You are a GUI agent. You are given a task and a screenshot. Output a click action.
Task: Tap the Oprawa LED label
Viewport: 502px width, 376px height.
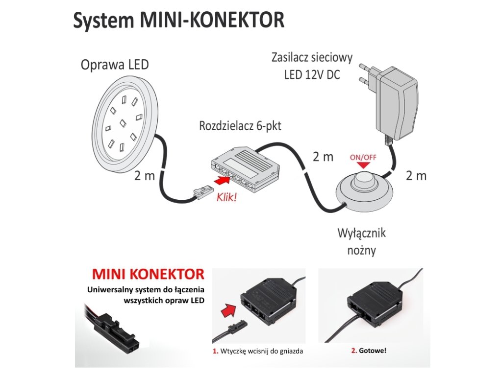pyautogui.click(x=115, y=65)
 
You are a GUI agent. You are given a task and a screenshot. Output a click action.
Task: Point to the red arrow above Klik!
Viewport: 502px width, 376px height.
pyautogui.click(x=222, y=183)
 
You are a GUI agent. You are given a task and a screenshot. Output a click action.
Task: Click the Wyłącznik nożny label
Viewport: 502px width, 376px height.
pyautogui.click(x=361, y=241)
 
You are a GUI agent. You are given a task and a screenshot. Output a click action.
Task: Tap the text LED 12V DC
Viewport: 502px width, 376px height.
pyautogui.click(x=312, y=75)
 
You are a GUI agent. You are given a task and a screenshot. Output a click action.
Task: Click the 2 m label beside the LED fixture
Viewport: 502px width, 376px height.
pyautogui.click(x=144, y=175)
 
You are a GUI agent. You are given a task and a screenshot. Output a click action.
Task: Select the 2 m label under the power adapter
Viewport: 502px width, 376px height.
pyautogui.click(x=416, y=175)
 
